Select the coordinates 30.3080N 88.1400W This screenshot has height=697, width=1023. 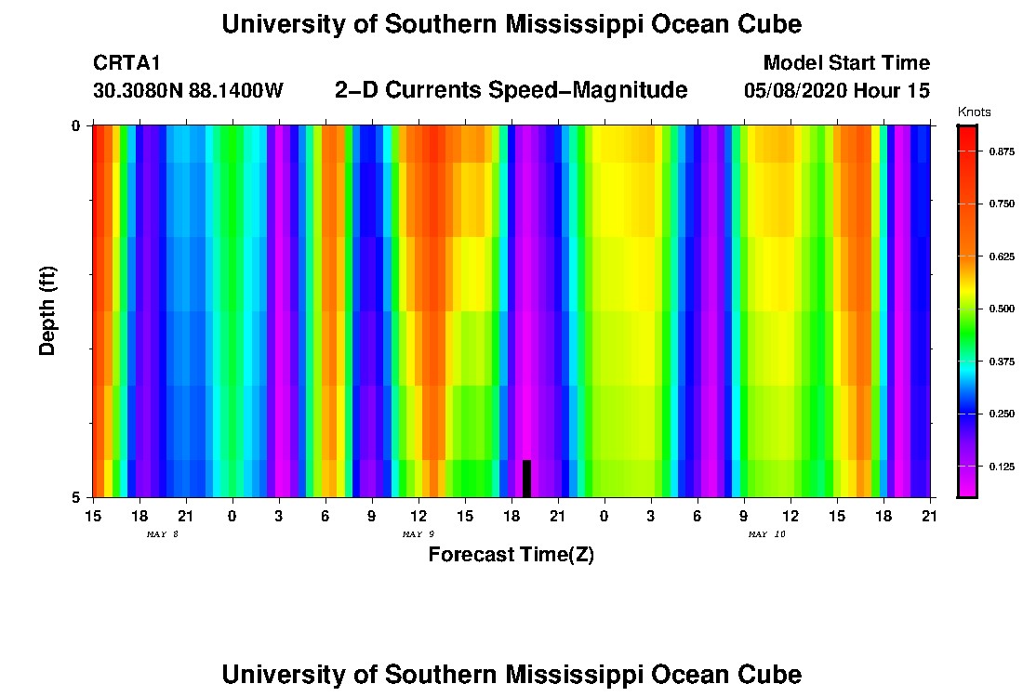188,91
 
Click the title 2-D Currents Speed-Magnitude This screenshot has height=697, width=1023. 511,90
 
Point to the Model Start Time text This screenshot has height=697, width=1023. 846,63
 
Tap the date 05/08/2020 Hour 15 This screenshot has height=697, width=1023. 837,91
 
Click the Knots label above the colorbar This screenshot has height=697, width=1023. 973,112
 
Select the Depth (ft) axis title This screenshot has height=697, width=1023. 48,309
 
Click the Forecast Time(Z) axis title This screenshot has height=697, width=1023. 511,555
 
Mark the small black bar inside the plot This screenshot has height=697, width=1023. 526,479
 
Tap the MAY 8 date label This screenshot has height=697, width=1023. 162,534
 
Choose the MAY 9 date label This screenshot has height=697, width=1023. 418,534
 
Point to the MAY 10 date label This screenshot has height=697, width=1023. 767,534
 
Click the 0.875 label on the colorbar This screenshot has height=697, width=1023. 1000,151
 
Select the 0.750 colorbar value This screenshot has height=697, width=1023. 1000,204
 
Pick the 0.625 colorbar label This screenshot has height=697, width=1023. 1000,256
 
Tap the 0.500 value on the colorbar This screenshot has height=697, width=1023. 1000,309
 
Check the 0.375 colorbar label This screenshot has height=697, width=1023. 1000,362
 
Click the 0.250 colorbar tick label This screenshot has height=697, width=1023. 1000,414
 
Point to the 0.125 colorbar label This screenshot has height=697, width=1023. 1000,467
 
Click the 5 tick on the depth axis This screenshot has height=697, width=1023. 77,498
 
